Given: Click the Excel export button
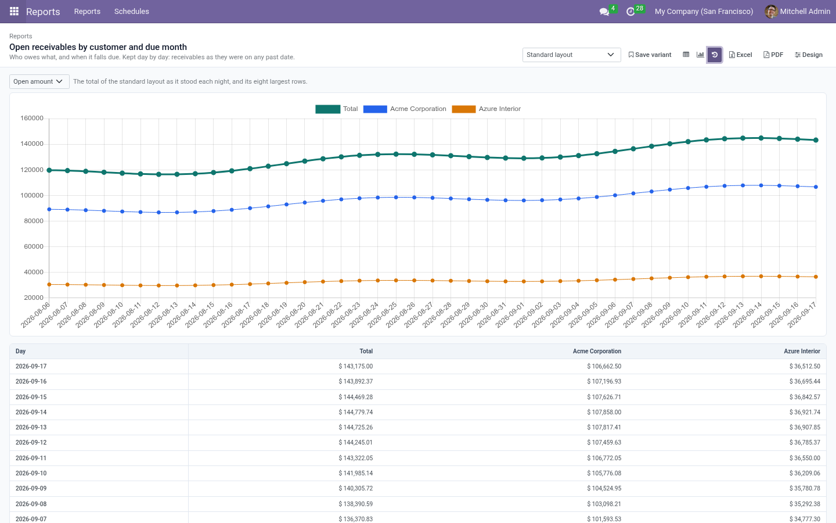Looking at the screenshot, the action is tap(740, 55).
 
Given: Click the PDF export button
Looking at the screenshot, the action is tap(773, 55).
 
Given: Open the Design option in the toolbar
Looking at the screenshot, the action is tap(808, 55).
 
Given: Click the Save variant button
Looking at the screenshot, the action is tap(650, 55).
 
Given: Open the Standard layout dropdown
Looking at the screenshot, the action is tap(571, 55).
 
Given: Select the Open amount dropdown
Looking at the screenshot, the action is tap(39, 81).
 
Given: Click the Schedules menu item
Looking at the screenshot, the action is tap(131, 12).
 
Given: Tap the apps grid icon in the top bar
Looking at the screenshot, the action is tap(14, 12).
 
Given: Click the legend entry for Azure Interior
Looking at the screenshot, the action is tap(486, 109).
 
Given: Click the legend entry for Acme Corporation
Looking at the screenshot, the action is tap(405, 109).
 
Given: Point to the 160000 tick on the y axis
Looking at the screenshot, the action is tap(32, 118).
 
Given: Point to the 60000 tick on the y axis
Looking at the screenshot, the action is tap(34, 246).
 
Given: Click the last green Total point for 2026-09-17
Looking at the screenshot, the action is tap(816, 140).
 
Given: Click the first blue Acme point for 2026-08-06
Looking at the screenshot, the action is tap(49, 210).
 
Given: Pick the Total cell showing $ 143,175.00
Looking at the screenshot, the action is tap(355, 367).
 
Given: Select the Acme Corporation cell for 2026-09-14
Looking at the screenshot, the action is tap(604, 413).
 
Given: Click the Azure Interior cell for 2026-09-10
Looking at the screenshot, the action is tap(805, 473).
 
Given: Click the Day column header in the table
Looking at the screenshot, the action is tap(20, 351).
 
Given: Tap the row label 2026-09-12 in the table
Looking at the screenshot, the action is tap(31, 443).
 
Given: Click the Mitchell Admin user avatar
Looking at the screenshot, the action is tap(771, 12).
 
